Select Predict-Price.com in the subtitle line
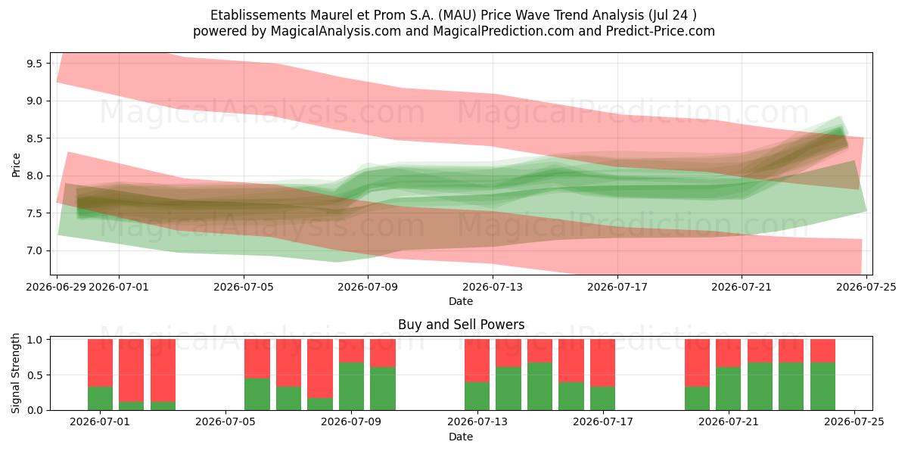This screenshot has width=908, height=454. (x=661, y=31)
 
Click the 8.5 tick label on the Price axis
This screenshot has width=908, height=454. (x=35, y=138)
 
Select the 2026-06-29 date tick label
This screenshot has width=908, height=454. (x=56, y=287)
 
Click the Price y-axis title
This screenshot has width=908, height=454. (x=16, y=165)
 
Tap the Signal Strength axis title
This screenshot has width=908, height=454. (x=15, y=373)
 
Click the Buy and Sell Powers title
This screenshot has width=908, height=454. (x=462, y=325)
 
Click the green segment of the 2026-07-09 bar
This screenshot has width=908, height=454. (x=383, y=388)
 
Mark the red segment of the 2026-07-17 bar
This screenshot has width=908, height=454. (x=603, y=362)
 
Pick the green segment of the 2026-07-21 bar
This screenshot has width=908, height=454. (x=729, y=388)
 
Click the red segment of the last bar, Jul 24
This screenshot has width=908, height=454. (x=823, y=350)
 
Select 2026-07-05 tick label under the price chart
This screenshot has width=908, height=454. (x=244, y=287)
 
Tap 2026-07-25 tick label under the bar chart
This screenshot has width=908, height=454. (x=854, y=422)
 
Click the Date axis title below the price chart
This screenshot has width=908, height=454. (x=461, y=301)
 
